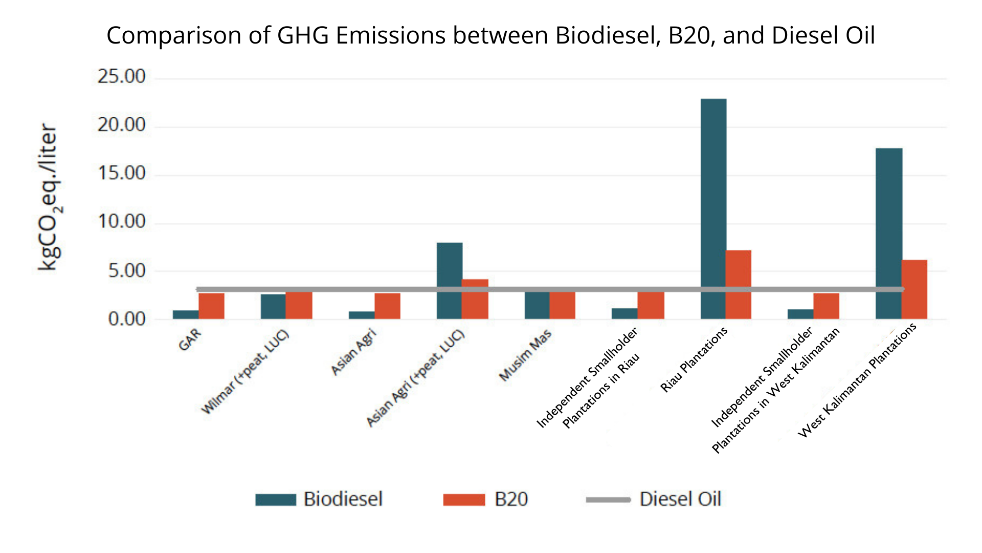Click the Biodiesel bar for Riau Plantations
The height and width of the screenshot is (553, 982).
click(x=713, y=205)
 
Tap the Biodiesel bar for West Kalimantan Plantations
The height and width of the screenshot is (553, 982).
click(x=889, y=230)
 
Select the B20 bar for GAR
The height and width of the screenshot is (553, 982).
click(x=211, y=306)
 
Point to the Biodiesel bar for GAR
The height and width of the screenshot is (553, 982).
click(x=186, y=314)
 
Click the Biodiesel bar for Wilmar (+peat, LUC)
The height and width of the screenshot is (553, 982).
click(x=273, y=306)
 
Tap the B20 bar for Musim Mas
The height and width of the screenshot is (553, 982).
click(x=562, y=306)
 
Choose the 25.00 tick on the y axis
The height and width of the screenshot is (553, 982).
click(x=122, y=77)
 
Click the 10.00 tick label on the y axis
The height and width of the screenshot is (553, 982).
click(x=122, y=222)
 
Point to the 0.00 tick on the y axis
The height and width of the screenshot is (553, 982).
click(x=127, y=320)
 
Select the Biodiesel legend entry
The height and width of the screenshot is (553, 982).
click(x=319, y=499)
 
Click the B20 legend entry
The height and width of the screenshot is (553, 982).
click(x=485, y=499)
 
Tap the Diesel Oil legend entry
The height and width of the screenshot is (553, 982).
click(x=653, y=499)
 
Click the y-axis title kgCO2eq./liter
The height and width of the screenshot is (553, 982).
click(x=49, y=197)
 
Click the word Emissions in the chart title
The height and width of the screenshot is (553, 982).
click(x=391, y=36)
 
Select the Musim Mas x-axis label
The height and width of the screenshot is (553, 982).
click(x=525, y=355)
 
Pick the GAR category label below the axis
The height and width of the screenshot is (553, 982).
click(x=190, y=340)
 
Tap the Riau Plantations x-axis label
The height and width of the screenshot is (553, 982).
click(x=694, y=360)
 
